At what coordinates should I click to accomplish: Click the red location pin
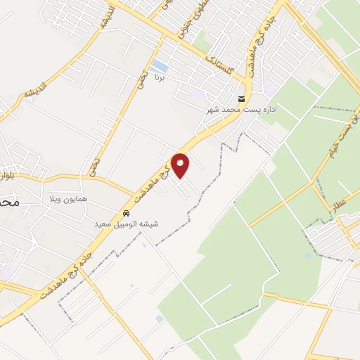(181, 165)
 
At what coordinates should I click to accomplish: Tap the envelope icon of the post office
(242, 98)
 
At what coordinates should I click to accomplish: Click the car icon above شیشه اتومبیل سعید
(126, 214)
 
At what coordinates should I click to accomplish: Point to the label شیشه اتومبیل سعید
(127, 224)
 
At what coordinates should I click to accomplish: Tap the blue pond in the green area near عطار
(308, 255)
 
